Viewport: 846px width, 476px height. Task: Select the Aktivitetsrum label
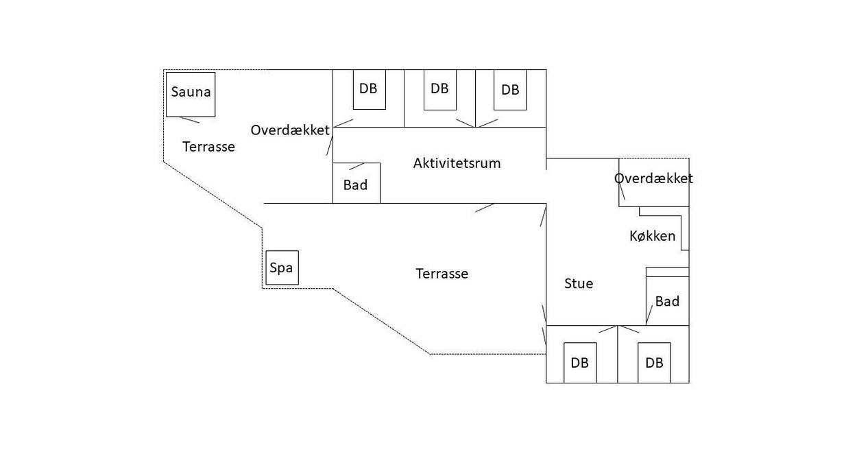point(457,163)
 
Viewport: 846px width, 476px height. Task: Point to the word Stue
point(579,283)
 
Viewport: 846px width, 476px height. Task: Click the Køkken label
point(652,236)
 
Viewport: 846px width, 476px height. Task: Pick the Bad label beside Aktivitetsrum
point(355,185)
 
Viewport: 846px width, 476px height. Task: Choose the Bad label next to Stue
point(667,301)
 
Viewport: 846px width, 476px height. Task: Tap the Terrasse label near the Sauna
point(208,147)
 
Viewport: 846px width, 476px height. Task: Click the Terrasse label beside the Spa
point(442,274)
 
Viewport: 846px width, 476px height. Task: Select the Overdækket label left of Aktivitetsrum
point(290,130)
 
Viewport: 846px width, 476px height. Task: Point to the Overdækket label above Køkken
point(654,178)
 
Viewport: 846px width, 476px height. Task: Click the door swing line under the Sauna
point(189,120)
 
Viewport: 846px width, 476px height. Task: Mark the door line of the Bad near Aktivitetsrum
point(356,167)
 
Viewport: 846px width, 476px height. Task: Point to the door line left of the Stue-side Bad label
point(649,315)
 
